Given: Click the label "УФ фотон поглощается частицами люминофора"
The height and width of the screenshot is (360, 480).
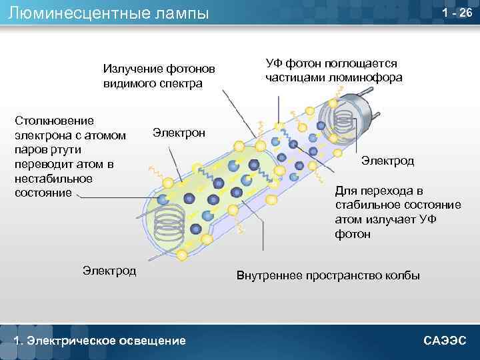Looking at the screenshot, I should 333,70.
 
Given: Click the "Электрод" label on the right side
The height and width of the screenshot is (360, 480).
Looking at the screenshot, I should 387,161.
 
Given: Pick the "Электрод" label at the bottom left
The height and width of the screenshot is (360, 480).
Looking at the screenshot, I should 109,270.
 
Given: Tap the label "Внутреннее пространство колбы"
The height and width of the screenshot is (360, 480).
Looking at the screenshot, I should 328,275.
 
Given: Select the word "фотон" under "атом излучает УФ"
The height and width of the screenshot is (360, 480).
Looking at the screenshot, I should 353,234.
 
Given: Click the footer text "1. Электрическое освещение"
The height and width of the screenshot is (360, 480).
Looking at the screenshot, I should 100,341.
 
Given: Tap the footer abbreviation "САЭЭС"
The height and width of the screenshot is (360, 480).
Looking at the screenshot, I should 445,341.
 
